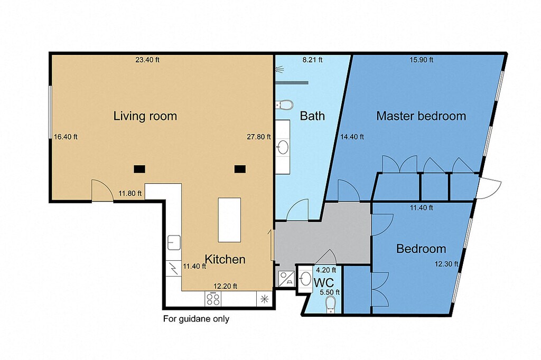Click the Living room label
145,116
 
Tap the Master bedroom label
421,116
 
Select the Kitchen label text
225,259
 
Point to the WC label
324,282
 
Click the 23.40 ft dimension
147,60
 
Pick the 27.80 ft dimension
259,137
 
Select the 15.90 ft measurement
421,60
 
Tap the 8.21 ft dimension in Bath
312,60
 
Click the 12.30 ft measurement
446,264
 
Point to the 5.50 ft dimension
330,292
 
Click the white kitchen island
229,220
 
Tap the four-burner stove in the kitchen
213,299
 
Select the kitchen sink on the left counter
174,242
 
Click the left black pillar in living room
139,169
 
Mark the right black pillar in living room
240,169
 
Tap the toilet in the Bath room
284,104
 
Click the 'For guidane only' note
196,319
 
